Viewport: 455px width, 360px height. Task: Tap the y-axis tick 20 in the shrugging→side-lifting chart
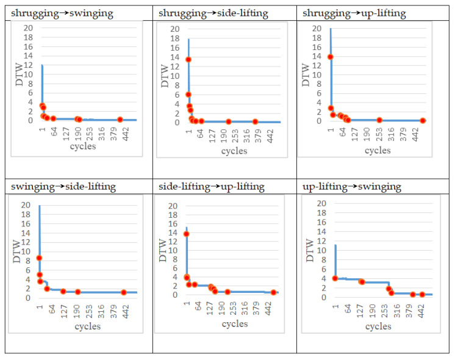(x=174, y=29)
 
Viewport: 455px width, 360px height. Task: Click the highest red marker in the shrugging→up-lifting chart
(x=331, y=57)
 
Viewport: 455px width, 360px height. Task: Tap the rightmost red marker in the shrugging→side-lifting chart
(x=255, y=121)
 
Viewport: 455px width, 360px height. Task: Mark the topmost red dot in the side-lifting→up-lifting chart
(x=187, y=234)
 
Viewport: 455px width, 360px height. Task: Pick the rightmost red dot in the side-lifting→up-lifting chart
(x=274, y=292)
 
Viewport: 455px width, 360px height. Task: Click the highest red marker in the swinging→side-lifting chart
(x=39, y=258)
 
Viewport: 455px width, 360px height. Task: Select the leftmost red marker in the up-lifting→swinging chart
(x=335, y=278)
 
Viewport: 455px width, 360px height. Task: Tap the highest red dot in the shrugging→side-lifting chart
(x=188, y=59)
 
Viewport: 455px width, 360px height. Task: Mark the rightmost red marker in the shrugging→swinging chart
(x=120, y=120)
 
